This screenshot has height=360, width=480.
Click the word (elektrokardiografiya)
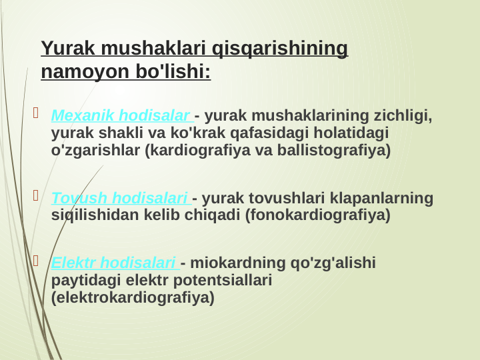[133, 297]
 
